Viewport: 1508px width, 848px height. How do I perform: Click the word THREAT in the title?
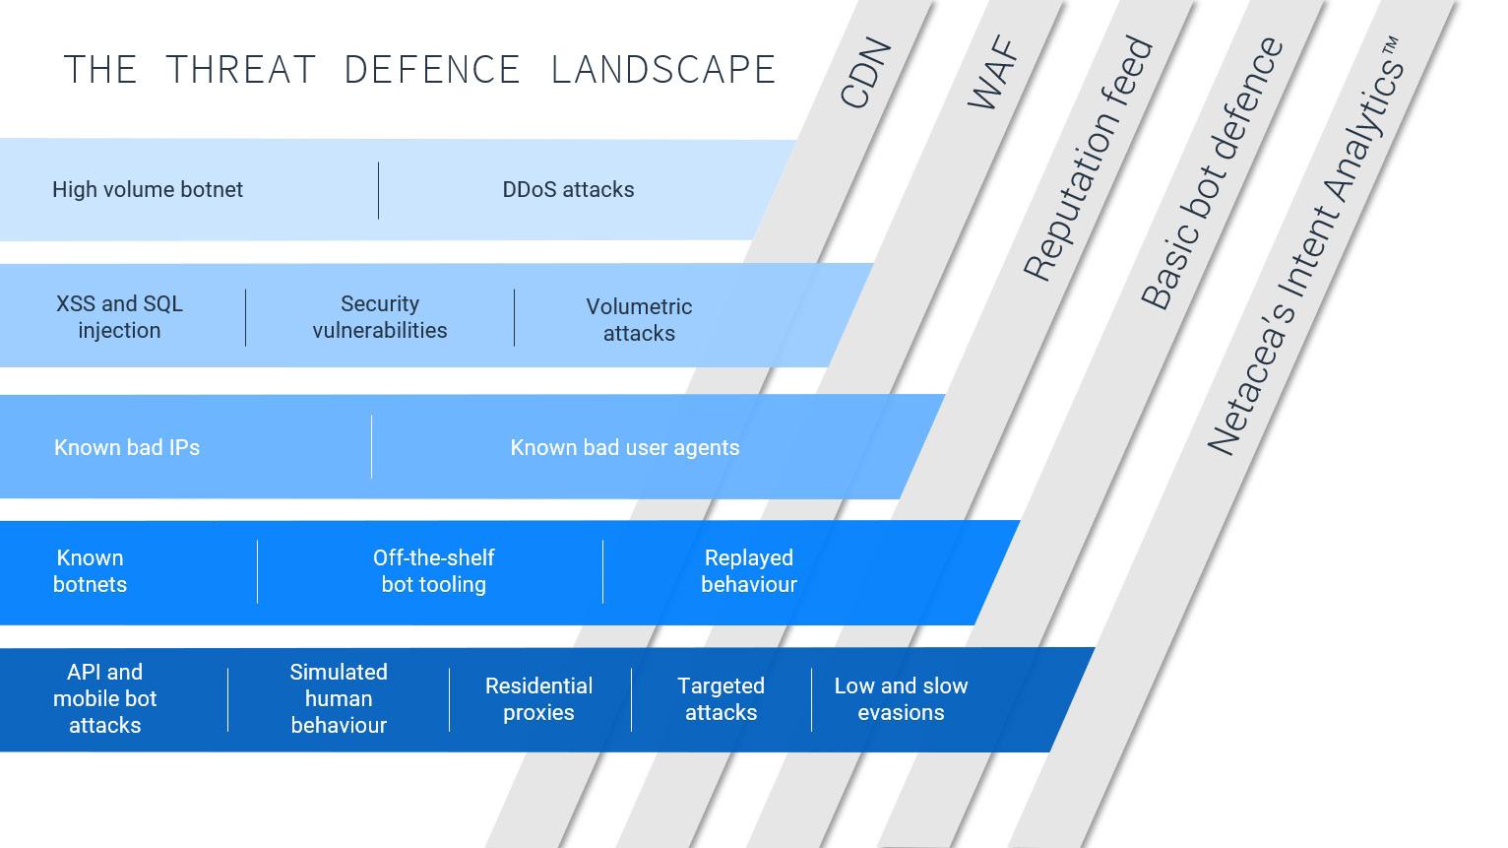click(240, 69)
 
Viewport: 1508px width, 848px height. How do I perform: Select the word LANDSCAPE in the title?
click(663, 69)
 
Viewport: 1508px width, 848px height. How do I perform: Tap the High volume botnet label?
click(148, 189)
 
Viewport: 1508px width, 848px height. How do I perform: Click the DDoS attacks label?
click(568, 189)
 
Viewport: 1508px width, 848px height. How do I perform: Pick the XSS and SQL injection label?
click(119, 316)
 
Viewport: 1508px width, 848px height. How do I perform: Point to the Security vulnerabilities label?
click(380, 316)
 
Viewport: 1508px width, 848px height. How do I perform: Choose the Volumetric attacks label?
click(639, 320)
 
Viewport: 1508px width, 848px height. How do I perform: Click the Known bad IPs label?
click(127, 447)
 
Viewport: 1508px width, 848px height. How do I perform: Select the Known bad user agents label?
click(625, 447)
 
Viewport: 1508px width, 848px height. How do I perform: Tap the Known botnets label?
click(90, 570)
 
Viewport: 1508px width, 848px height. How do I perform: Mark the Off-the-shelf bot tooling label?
click(433, 570)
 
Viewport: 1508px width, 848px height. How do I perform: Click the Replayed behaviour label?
click(749, 570)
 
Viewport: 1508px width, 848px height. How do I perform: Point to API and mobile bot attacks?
click(104, 698)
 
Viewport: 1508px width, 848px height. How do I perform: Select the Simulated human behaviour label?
click(339, 698)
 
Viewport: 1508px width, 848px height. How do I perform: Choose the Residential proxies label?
click(538, 698)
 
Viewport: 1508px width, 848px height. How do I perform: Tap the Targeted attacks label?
click(721, 698)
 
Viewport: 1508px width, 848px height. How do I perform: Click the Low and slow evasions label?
click(901, 698)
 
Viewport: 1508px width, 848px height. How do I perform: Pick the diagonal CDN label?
click(866, 73)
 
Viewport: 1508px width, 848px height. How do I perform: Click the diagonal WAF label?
click(991, 73)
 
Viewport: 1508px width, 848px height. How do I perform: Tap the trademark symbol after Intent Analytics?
click(1391, 48)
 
